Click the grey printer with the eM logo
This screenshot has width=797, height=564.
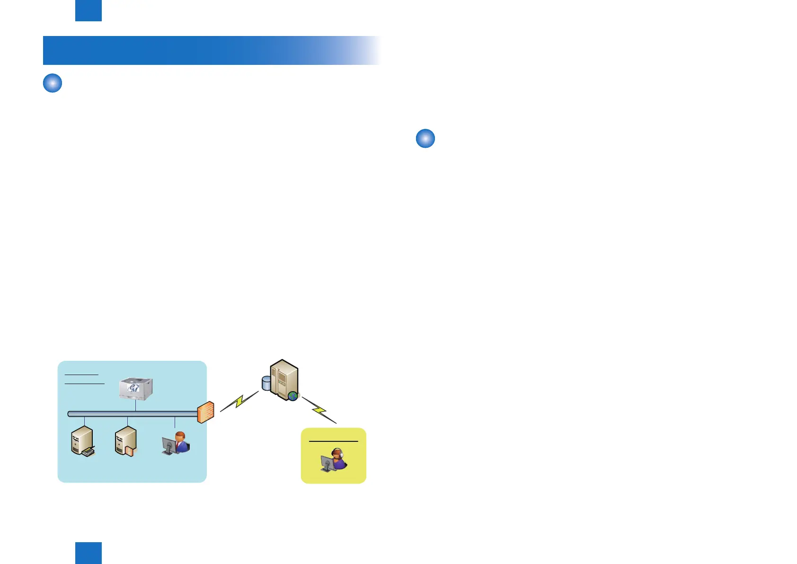point(135,389)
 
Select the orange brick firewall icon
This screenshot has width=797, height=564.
point(206,412)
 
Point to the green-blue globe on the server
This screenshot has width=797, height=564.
point(293,395)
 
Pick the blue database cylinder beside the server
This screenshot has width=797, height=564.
point(266,383)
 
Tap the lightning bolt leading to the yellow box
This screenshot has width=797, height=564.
point(319,409)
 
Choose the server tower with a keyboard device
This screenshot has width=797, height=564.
point(82,441)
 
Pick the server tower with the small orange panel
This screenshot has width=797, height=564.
point(126,441)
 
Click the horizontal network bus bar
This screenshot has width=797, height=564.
point(133,414)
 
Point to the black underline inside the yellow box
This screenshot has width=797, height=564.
point(333,441)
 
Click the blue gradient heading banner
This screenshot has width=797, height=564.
point(208,50)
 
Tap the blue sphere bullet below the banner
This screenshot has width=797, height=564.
point(53,83)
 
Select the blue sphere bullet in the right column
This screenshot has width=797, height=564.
point(425,138)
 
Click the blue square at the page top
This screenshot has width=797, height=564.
point(89,10)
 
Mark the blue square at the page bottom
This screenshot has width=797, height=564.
point(89,553)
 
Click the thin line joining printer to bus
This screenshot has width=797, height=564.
point(136,406)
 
